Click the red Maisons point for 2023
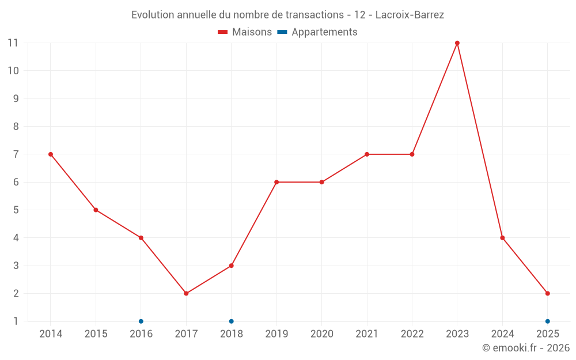point(457,43)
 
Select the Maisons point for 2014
point(51,154)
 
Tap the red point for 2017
point(186,294)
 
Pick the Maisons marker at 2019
point(276,182)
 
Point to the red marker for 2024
point(502,238)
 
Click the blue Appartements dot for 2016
point(141,321)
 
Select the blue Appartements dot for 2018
point(232,321)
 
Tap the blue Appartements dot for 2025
point(548,321)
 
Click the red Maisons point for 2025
point(548,294)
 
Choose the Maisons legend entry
point(245,32)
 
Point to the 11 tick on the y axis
point(13,43)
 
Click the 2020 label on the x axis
point(322,334)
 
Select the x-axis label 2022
point(412,334)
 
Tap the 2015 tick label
point(96,334)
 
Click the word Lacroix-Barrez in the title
point(410,15)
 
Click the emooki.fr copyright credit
point(526,348)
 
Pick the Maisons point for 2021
point(367,154)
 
